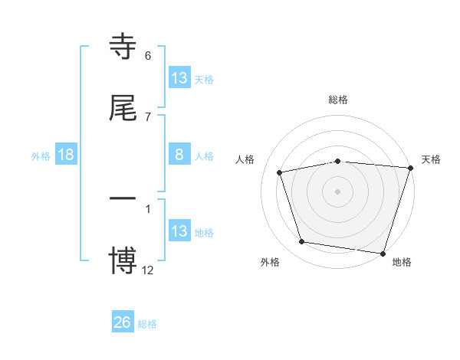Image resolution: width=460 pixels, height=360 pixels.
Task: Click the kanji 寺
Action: click(123, 47)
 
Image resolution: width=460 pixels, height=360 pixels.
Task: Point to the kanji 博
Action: click(123, 261)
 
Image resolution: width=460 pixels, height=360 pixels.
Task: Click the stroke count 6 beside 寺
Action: click(148, 56)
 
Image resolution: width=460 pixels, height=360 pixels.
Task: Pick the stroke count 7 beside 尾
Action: click(148, 116)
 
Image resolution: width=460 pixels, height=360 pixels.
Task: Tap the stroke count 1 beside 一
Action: click(148, 208)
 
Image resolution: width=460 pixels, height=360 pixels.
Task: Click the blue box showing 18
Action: click(66, 155)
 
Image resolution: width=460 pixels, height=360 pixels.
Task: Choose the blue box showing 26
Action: click(123, 322)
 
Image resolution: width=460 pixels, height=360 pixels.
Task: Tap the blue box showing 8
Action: click(179, 155)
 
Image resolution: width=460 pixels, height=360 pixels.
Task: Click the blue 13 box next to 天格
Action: click(179, 78)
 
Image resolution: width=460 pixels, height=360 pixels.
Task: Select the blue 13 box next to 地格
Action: click(179, 231)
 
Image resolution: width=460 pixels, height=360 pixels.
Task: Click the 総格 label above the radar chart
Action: click(338, 100)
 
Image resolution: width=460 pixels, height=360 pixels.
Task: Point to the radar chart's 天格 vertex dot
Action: click(410, 168)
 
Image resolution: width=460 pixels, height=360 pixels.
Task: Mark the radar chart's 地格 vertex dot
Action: click(383, 252)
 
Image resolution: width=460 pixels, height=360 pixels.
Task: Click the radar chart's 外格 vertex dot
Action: click(302, 242)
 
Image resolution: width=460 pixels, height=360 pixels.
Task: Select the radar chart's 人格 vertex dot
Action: click(280, 172)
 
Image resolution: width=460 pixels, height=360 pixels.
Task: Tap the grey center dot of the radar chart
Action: click(338, 191)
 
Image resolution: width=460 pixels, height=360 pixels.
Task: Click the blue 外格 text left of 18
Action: click(41, 155)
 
